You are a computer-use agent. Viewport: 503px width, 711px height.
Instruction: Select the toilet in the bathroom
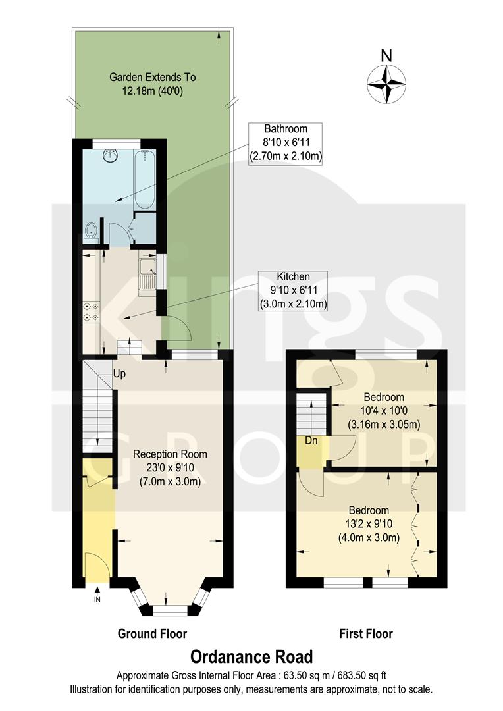coord(91,232)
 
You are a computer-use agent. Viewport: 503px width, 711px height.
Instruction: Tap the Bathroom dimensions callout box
coord(284,143)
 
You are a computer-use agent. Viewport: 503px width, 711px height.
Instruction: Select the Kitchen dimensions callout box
coord(293,290)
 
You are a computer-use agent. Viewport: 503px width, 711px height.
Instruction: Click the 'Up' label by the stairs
coord(119,374)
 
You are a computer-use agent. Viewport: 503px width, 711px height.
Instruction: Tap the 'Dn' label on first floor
coord(311,440)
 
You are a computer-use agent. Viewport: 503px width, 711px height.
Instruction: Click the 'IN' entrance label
coord(97,600)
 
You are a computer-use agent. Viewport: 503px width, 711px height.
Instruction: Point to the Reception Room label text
coord(170,466)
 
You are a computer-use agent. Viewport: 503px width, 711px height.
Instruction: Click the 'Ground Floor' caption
coord(152,634)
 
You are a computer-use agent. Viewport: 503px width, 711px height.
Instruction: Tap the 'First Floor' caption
coord(366,634)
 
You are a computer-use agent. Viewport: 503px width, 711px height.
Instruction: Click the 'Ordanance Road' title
coord(251,656)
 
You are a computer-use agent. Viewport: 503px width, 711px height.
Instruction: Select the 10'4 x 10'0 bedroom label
coord(384,411)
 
